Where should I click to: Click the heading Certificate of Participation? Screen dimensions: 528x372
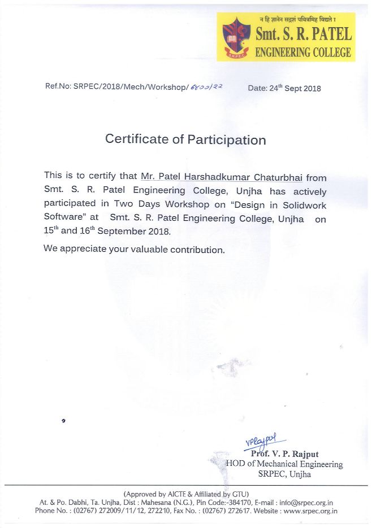[185, 139]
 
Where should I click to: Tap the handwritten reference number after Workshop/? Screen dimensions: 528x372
[207, 87]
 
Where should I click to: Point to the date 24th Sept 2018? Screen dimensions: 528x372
[284, 88]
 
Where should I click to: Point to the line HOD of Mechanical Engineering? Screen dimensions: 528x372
[284, 464]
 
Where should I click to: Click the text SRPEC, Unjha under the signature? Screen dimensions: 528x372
[284, 474]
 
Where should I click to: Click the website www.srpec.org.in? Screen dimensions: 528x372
[310, 510]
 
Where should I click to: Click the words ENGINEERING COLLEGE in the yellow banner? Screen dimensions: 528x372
[304, 53]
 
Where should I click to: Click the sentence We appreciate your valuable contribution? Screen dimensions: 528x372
[134, 249]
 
